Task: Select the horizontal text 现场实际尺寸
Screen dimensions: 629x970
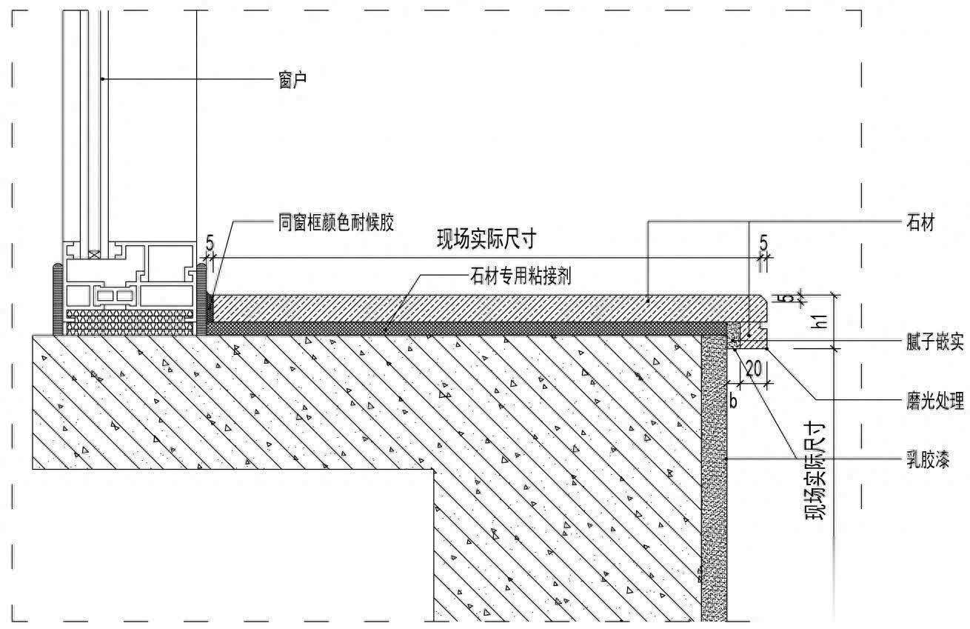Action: [486, 240]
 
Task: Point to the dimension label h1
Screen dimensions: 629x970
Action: [819, 321]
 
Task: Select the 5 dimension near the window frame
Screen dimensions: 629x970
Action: [210, 242]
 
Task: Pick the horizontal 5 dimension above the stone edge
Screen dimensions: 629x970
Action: [763, 242]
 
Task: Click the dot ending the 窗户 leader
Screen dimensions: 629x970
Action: [103, 78]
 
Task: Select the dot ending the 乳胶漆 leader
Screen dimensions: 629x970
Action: [727, 460]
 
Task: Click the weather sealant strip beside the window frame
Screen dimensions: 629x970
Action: [209, 307]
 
